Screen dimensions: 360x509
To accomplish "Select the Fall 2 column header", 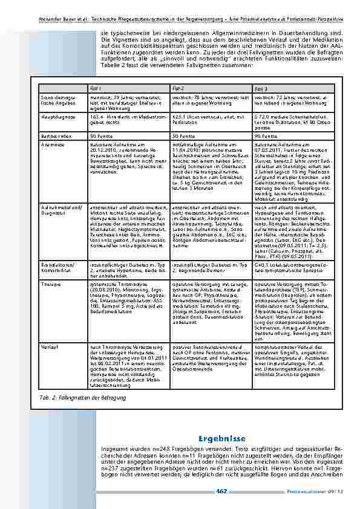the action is [x=177, y=88].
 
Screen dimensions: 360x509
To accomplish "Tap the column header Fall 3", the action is [x=260, y=88].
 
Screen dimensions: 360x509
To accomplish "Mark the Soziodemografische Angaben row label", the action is [x=57, y=99].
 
